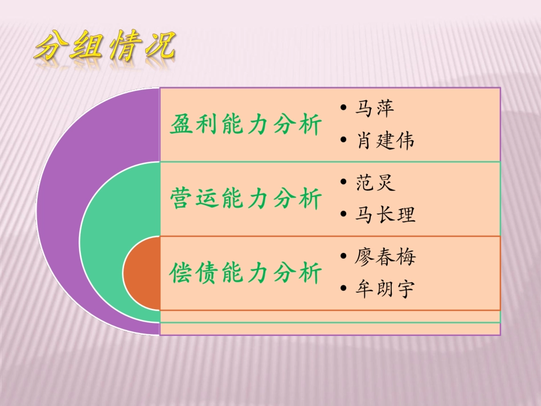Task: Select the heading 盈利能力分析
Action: (246, 125)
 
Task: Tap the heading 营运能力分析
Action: (246, 199)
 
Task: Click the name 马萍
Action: (375, 108)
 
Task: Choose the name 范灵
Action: (375, 183)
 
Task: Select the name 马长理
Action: (385, 215)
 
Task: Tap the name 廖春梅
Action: (385, 256)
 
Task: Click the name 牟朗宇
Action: (385, 289)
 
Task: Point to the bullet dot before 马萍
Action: (342, 108)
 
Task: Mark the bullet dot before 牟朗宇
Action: (342, 289)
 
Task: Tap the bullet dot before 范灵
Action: (342, 183)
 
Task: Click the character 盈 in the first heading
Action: (181, 125)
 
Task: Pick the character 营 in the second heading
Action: (181, 199)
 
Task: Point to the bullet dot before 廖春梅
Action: (342, 256)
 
